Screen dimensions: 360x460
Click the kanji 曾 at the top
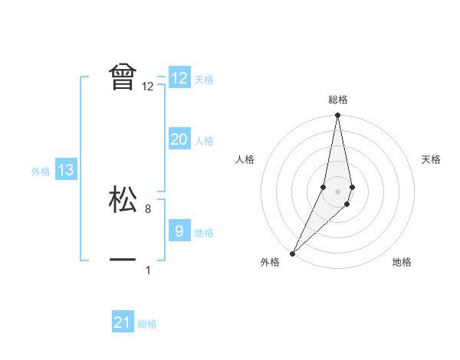(x=123, y=77)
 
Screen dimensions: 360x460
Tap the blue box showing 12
(x=179, y=78)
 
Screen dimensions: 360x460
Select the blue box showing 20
(x=179, y=139)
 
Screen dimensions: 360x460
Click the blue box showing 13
(x=66, y=170)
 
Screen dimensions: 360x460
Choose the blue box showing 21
(x=123, y=322)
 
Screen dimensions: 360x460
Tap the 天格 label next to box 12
(x=204, y=80)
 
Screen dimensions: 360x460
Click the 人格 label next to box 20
(x=204, y=141)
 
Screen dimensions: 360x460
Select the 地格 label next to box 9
(x=204, y=233)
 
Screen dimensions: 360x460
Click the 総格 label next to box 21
(x=147, y=324)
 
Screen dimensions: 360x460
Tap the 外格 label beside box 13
(x=41, y=172)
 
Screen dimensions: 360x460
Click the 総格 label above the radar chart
(x=337, y=100)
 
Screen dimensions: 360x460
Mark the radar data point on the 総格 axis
(x=337, y=116)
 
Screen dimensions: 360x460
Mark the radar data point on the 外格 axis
(x=293, y=253)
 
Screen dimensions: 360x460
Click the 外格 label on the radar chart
(x=270, y=263)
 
